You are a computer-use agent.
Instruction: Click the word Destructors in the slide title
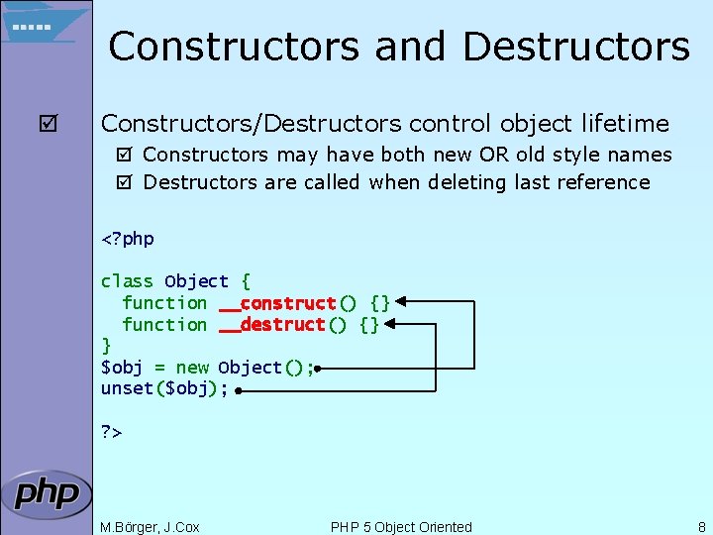pyautogui.click(x=575, y=47)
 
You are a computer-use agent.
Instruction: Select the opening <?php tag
pyautogui.click(x=128, y=239)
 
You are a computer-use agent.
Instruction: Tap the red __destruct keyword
pyautogui.click(x=271, y=325)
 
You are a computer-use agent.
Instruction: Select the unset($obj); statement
pyautogui.click(x=164, y=389)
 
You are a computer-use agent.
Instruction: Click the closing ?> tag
pyautogui.click(x=111, y=432)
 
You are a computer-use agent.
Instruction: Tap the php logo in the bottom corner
pyautogui.click(x=46, y=493)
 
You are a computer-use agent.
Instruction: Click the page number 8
pyautogui.click(x=701, y=527)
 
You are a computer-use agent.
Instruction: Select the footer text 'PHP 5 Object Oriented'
pyautogui.click(x=401, y=527)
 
